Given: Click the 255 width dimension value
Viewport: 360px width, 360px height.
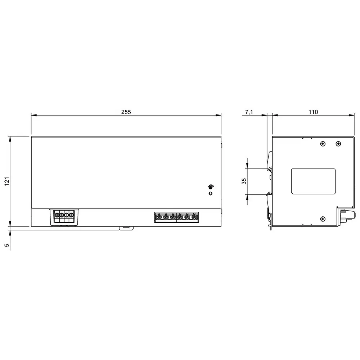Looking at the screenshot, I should [126, 112].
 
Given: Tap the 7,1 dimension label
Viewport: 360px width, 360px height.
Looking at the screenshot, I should [249, 112].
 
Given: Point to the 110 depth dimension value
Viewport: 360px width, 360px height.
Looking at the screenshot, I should [313, 112].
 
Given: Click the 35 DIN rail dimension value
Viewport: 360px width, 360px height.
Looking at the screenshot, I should [244, 181].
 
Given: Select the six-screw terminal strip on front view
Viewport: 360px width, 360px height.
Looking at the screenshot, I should [176, 217].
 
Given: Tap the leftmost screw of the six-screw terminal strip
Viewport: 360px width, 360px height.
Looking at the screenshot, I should [158, 217].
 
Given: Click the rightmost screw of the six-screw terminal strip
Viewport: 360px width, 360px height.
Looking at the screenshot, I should [194, 217].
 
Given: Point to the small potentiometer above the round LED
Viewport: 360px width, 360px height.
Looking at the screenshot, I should [211, 186].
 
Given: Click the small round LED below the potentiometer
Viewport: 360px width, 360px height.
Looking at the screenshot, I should [211, 194].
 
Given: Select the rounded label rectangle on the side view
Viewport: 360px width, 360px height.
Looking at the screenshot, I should [313, 181].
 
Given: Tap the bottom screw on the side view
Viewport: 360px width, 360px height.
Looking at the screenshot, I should [323, 218].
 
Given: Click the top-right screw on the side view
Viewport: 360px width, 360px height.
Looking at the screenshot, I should [338, 144].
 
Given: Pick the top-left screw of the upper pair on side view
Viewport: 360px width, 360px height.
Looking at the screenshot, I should [323, 144].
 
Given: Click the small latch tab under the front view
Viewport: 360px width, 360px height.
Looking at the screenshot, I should [126, 228].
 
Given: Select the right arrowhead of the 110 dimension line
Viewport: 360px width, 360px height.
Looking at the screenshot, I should [352, 116].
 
